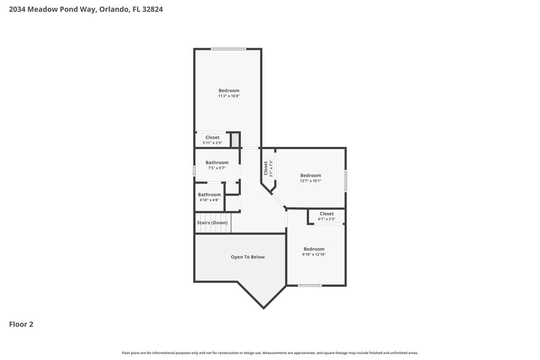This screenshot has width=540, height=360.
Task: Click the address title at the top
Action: click(86, 9)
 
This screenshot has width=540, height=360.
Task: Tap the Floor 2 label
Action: click(21, 324)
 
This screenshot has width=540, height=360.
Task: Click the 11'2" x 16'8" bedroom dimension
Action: click(228, 96)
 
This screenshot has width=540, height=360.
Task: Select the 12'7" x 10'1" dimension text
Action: click(310, 181)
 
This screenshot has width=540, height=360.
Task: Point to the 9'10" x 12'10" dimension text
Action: click(314, 255)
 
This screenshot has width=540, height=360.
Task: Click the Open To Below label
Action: click(248, 257)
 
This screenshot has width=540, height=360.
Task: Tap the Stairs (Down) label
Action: click(212, 222)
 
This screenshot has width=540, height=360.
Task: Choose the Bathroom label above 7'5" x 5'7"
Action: click(217, 162)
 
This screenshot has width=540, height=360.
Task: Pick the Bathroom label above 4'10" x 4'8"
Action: click(209, 194)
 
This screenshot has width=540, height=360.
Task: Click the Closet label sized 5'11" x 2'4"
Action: click(212, 138)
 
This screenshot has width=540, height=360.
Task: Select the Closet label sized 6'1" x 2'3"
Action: click(326, 214)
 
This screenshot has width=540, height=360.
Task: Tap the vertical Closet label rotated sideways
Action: click(266, 168)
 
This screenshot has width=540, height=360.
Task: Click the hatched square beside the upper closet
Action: click(235, 139)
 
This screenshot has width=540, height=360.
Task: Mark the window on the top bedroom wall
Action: click(228, 49)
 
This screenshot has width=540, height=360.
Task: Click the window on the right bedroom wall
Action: click(346, 180)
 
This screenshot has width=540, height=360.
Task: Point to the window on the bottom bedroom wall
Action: click(310, 286)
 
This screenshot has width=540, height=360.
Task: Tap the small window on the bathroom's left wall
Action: click(194, 171)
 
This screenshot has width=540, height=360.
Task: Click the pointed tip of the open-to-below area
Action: click(264, 308)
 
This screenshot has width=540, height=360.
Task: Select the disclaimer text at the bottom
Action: click(269, 353)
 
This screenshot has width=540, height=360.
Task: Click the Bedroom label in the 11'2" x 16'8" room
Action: click(228, 90)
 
